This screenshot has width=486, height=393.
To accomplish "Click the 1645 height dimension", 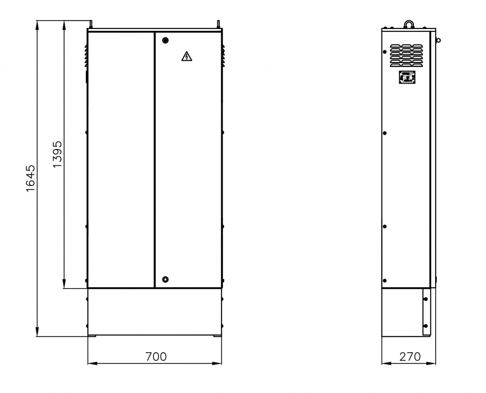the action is point(31,178).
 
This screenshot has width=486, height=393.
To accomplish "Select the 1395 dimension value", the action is point(57,154).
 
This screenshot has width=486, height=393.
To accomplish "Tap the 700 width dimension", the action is point(156,357).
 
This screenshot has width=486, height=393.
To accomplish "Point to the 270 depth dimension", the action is point(410,357).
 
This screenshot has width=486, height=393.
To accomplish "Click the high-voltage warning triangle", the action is point(187,56).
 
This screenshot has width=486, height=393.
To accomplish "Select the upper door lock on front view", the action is point(165,40).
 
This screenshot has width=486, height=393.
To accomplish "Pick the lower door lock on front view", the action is point(165,280).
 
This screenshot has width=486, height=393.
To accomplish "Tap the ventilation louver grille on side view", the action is point(406,56).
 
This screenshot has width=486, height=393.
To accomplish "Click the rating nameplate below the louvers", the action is point(407,77).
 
